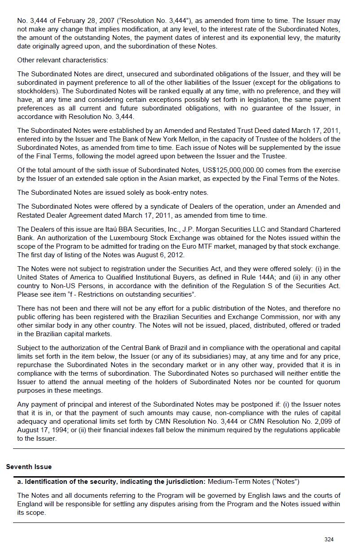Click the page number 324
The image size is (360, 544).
[x=329, y=539]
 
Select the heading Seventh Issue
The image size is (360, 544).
[x=29, y=467]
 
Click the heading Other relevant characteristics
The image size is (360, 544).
[x=62, y=60]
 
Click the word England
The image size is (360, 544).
[x=30, y=504]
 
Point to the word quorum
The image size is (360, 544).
[x=327, y=382]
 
